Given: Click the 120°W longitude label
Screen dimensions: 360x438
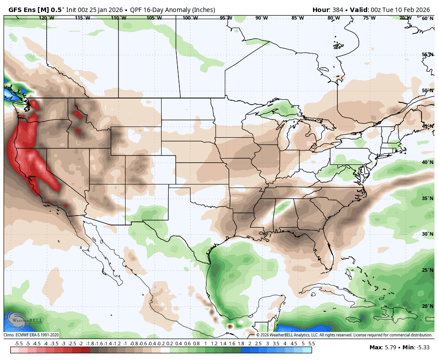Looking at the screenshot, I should (46, 18).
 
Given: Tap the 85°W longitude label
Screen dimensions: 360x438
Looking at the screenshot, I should (298, 18).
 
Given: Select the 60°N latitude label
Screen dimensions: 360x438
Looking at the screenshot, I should (427, 18).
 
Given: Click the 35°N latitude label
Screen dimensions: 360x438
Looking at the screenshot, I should (427, 198).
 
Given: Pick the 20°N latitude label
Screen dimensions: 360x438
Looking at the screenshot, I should (427, 306).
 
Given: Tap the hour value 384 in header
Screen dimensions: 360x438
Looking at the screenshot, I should (338, 10).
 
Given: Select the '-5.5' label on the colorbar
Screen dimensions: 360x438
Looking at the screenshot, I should (19, 344).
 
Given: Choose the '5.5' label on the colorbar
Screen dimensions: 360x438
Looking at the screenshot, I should (312, 344).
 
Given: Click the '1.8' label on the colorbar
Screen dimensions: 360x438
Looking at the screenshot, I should (241, 344).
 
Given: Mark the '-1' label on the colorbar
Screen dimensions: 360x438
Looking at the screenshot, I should (125, 344).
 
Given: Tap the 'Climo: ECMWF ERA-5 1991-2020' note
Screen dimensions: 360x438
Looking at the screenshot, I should (32, 335).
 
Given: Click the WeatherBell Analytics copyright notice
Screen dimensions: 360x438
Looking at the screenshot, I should (344, 335).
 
